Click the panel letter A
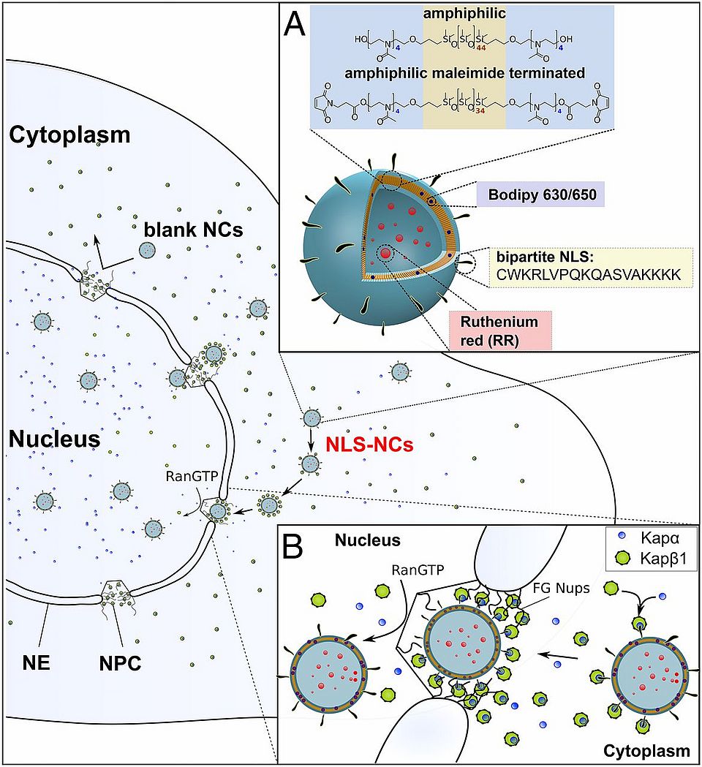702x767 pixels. pos(296,27)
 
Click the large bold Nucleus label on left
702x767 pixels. pos(55,439)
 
